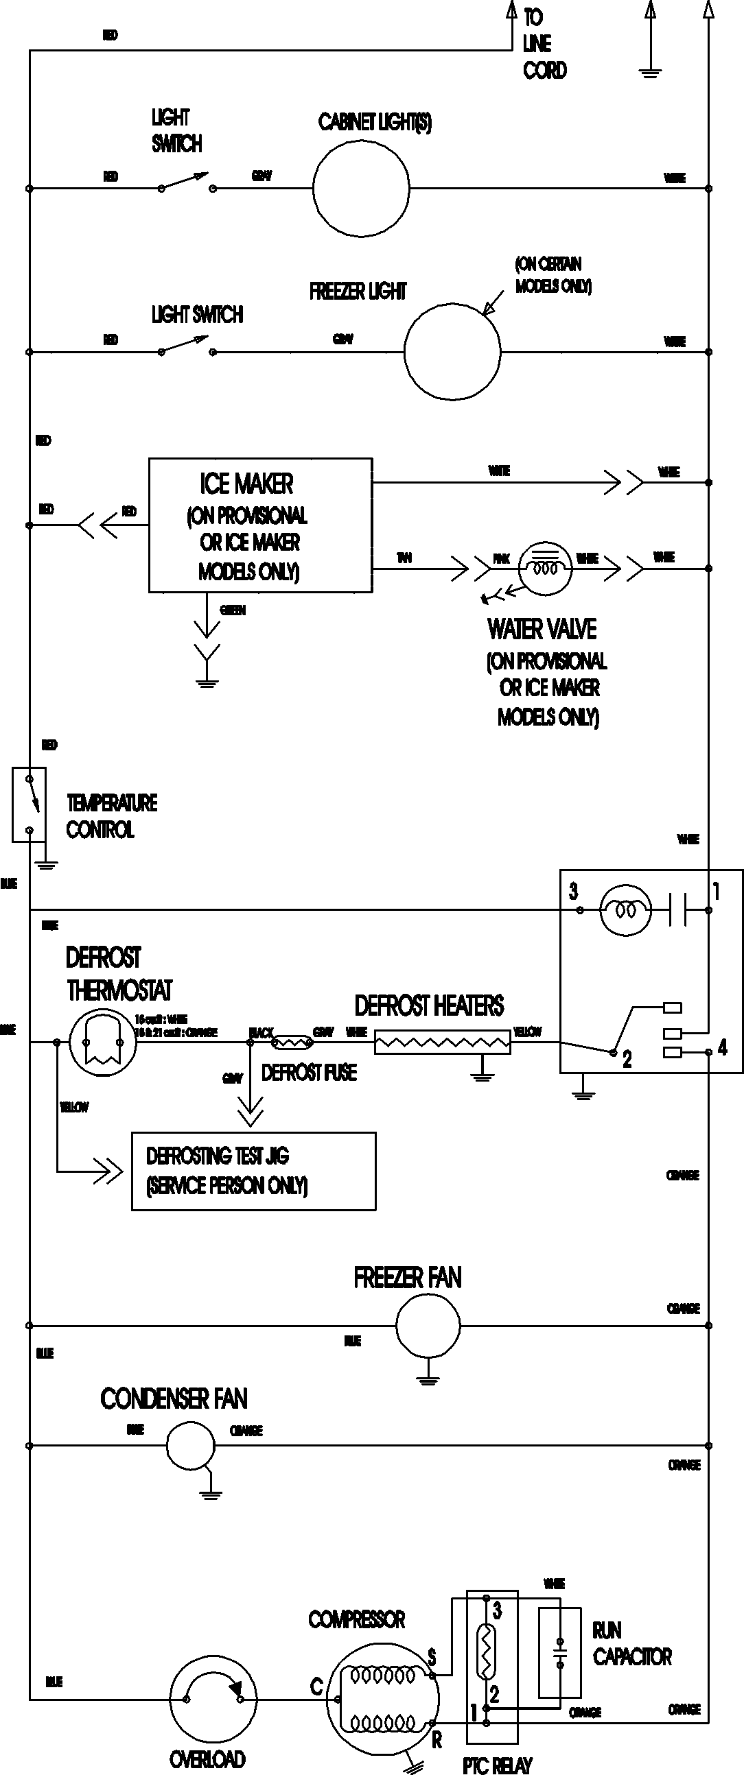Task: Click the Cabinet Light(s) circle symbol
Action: pyautogui.click(x=360, y=187)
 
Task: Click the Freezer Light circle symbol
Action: pyautogui.click(x=452, y=351)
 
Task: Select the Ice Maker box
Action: pyautogui.click(x=260, y=525)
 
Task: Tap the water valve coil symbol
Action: pyautogui.click(x=545, y=568)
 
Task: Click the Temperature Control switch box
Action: pyautogui.click(x=29, y=804)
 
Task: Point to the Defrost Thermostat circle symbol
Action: pyautogui.click(x=102, y=1042)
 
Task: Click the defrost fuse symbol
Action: pyautogui.click(x=292, y=1043)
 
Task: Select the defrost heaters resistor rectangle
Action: pyautogui.click(x=442, y=1043)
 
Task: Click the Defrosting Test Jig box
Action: pyautogui.click(x=253, y=1171)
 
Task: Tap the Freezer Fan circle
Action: pyautogui.click(x=428, y=1324)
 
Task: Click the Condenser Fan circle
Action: pyautogui.click(x=191, y=1445)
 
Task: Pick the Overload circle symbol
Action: pyautogui.click(x=213, y=1700)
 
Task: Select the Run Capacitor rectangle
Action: pyautogui.click(x=559, y=1653)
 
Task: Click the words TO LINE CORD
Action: pyautogui.click(x=544, y=43)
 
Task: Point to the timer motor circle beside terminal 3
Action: pyautogui.click(x=625, y=910)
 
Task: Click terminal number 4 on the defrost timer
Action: pyautogui.click(x=722, y=1048)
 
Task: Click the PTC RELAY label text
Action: pyautogui.click(x=497, y=1765)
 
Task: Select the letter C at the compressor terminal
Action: pyautogui.click(x=316, y=1687)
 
